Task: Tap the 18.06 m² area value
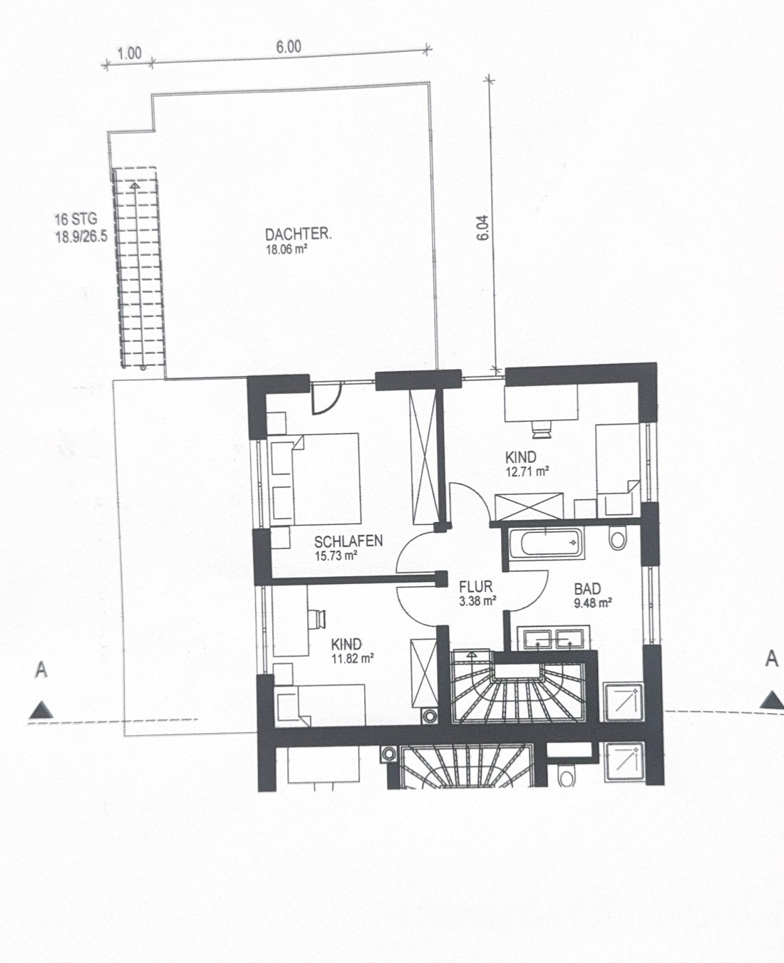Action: coord(284,249)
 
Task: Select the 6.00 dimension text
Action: coord(289,47)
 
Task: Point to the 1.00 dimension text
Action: coord(130,53)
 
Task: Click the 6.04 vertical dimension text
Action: coord(483,227)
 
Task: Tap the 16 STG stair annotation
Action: coord(76,219)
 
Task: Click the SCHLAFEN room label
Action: coord(349,541)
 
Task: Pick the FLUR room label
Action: coord(475,587)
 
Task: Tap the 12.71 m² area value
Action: coord(527,472)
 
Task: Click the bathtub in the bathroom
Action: coord(547,543)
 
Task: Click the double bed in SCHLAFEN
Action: coord(315,479)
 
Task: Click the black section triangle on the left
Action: coord(41,710)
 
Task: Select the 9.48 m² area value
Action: coord(593,603)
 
